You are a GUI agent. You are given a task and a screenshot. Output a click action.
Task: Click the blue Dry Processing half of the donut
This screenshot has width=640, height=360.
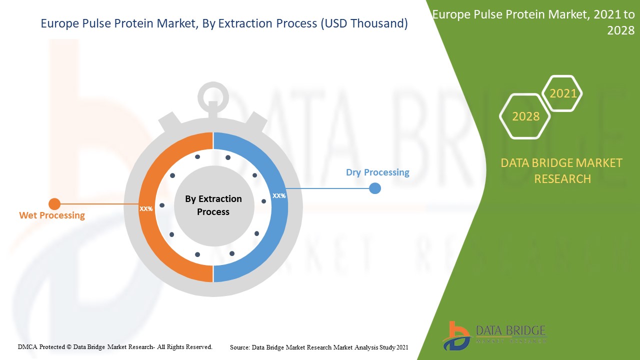270,235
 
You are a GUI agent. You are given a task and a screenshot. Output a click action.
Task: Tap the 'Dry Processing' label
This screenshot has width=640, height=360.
377,172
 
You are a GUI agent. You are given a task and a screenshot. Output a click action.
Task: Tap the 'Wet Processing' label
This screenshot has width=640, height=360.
52,215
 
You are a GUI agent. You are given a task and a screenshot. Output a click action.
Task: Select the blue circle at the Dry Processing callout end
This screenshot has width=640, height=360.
374,188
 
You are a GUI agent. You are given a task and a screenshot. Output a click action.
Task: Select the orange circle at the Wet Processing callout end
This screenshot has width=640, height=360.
54,204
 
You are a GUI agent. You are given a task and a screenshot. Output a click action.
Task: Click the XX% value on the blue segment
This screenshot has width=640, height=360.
279,196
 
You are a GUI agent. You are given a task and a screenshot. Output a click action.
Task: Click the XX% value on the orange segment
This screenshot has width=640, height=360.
146,209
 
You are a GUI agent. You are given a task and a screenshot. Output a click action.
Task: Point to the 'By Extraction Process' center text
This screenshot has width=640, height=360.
213,205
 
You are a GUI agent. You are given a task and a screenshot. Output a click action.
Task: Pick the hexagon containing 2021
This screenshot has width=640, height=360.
563,93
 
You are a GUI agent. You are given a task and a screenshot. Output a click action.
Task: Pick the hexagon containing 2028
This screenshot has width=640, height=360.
525,116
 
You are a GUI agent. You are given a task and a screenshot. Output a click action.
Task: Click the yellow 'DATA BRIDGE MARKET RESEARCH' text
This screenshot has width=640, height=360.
562,171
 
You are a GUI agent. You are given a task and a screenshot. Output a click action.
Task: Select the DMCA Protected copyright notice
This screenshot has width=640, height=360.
115,346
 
